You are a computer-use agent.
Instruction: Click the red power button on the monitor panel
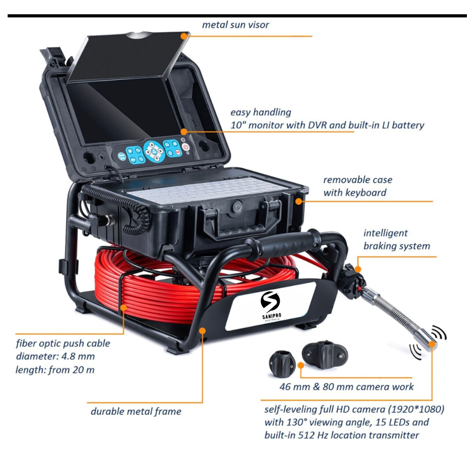pyautogui.click(x=186, y=147)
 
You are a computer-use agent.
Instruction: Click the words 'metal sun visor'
pyautogui.click(x=235, y=25)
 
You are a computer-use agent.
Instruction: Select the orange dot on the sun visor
pyautogui.click(x=184, y=36)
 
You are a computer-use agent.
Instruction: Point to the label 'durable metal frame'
pyautogui.click(x=136, y=411)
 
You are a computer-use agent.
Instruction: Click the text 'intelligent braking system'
pyautogui.click(x=397, y=240)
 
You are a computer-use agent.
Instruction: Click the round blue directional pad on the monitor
pyautogui.click(x=154, y=152)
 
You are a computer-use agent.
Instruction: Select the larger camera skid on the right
pyautogui.click(x=325, y=355)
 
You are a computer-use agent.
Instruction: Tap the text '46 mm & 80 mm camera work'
pyautogui.click(x=346, y=387)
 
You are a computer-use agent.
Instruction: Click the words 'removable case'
pyautogui.click(x=358, y=179)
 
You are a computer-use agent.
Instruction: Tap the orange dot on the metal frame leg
pyautogui.click(x=202, y=331)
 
